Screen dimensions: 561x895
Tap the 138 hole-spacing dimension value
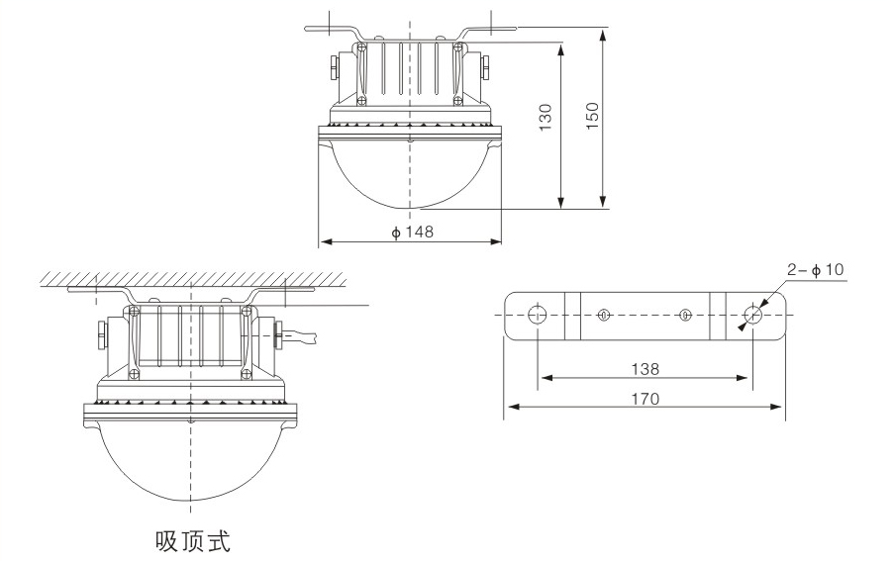645,368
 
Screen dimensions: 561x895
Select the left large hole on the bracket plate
538,315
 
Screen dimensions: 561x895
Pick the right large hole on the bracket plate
752,315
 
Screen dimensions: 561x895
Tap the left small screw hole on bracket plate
604,315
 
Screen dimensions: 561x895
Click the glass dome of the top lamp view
410,173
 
